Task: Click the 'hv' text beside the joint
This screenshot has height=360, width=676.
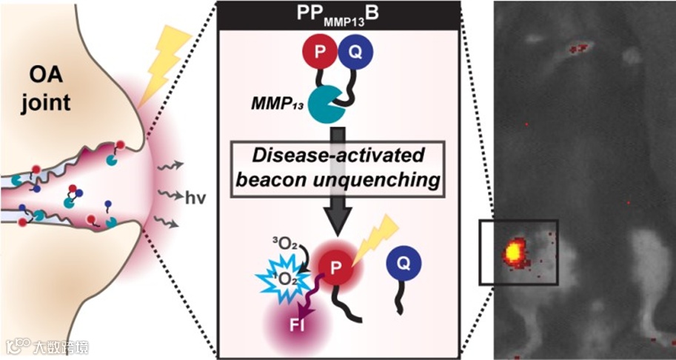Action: pyautogui.click(x=196, y=199)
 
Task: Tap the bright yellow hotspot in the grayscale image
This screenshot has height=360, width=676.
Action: pyautogui.click(x=512, y=252)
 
